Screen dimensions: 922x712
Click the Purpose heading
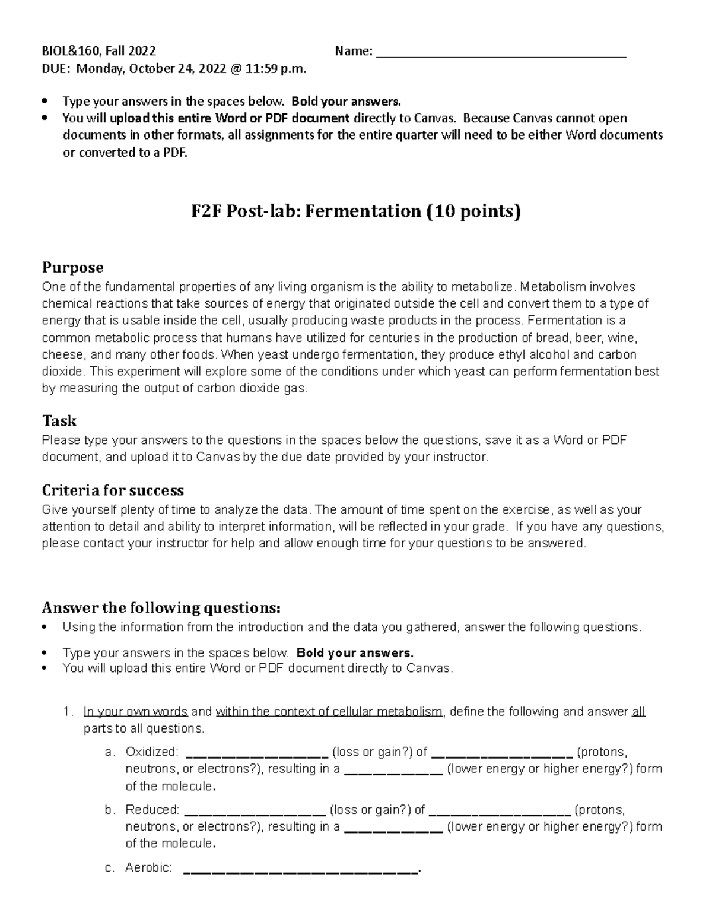(72, 267)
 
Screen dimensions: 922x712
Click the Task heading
(59, 421)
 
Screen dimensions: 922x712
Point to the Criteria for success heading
(113, 490)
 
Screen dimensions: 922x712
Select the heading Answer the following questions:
(161, 608)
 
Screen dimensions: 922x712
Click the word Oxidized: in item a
(151, 752)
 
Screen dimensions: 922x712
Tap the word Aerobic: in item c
(148, 868)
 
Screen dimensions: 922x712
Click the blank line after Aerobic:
(301, 870)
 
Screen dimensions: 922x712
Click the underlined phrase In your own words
(135, 712)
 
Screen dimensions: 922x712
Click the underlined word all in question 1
(638, 712)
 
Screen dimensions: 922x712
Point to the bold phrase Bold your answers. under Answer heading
(354, 653)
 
